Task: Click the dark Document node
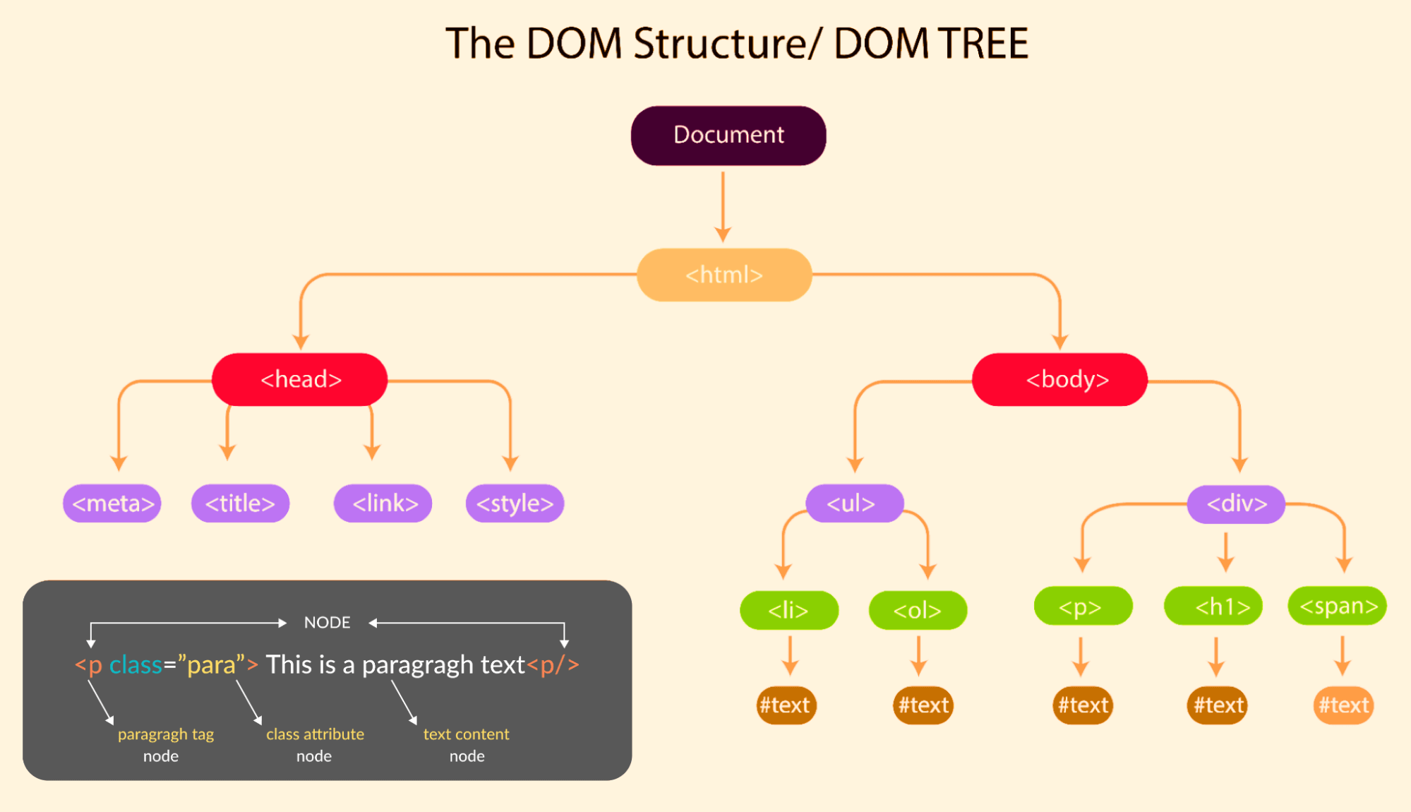click(x=728, y=136)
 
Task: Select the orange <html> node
click(x=723, y=275)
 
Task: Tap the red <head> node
click(x=300, y=380)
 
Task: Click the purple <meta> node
click(x=112, y=503)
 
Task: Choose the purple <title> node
click(x=240, y=503)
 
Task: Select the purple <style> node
click(x=515, y=503)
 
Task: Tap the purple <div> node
click(x=1236, y=504)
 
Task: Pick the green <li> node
click(x=788, y=610)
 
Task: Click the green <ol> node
click(x=918, y=610)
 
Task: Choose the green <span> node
click(x=1337, y=607)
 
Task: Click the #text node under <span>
click(x=1343, y=705)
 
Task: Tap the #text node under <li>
click(x=786, y=705)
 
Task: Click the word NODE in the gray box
click(x=327, y=623)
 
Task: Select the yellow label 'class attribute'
click(x=315, y=734)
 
